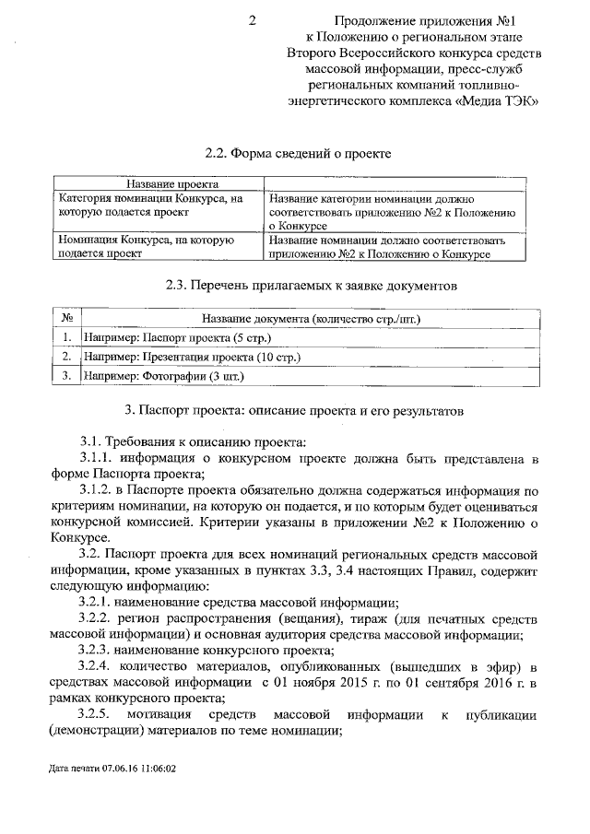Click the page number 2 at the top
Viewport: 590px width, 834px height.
pos(252,20)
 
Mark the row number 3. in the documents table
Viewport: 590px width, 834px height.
pos(66,376)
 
